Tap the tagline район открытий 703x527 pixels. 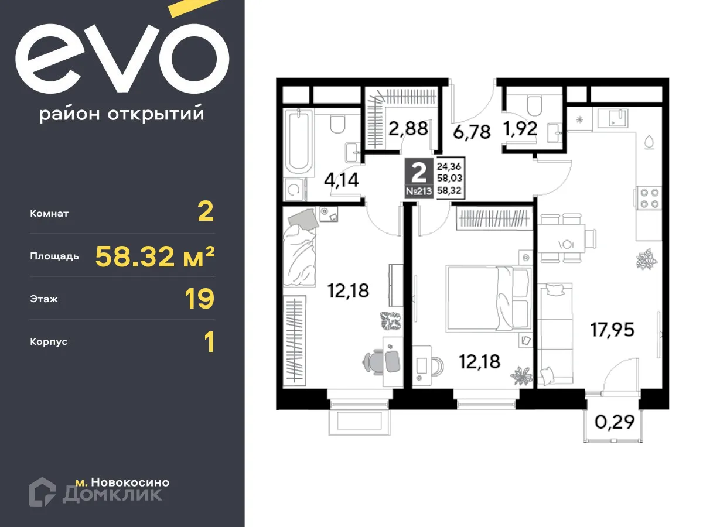(122, 114)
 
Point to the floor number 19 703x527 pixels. (199, 299)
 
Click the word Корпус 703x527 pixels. (49, 341)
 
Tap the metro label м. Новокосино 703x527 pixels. (122, 482)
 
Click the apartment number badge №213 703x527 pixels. (419, 191)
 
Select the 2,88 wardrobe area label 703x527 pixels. (408, 128)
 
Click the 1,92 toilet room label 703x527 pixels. (520, 128)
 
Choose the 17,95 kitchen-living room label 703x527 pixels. (612, 328)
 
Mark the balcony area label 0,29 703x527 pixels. (614, 421)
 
